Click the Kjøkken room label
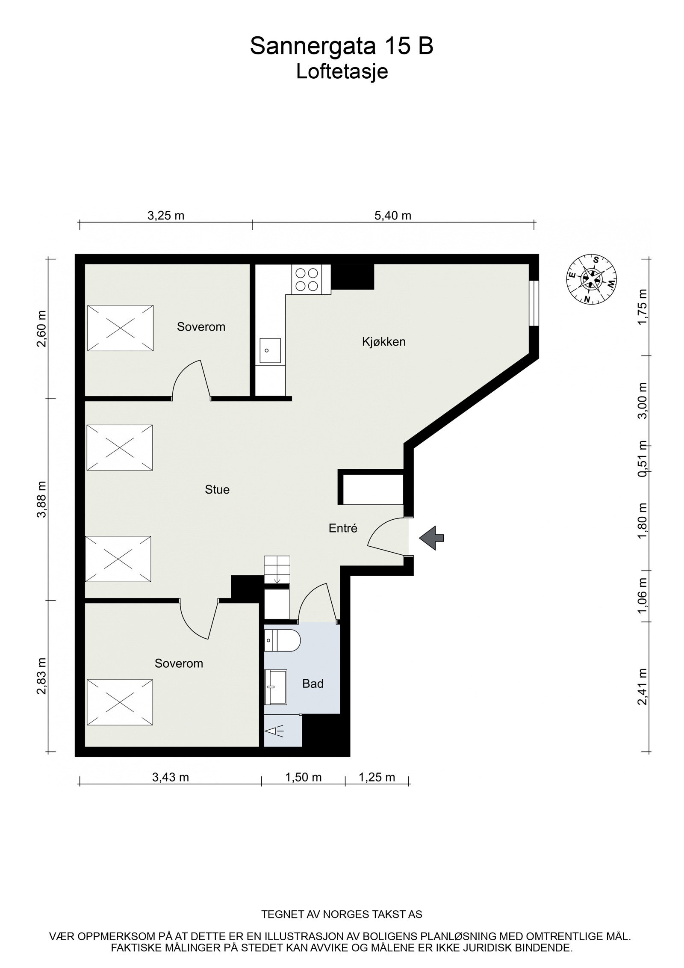pyautogui.click(x=383, y=342)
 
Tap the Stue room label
pyautogui.click(x=217, y=489)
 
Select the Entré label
pyautogui.click(x=343, y=528)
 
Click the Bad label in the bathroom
pyautogui.click(x=313, y=683)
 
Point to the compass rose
pyautogui.click(x=592, y=278)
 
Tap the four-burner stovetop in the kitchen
pyautogui.click(x=307, y=279)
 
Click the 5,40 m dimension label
pyautogui.click(x=392, y=216)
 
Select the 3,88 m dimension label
pyautogui.click(x=41, y=499)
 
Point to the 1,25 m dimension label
pyautogui.click(x=377, y=777)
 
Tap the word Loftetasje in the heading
pyautogui.click(x=342, y=72)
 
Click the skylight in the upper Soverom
pyautogui.click(x=120, y=328)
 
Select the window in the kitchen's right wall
pyautogui.click(x=533, y=303)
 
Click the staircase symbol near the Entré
pyautogui.click(x=277, y=569)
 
